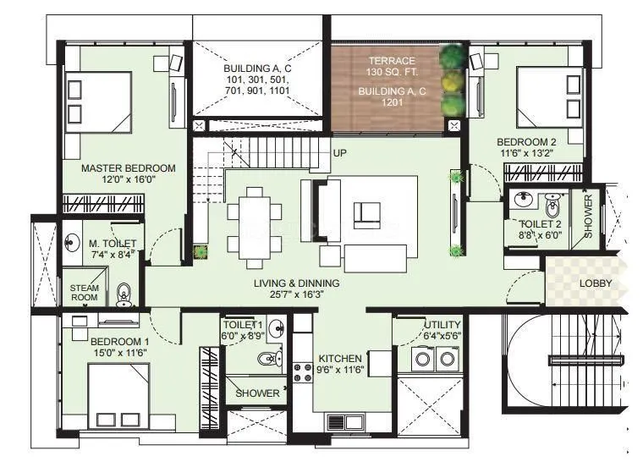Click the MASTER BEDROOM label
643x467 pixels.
pyautogui.click(x=128, y=168)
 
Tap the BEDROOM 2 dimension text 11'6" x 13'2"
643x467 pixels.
pyautogui.click(x=525, y=153)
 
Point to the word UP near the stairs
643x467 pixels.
pyautogui.click(x=340, y=153)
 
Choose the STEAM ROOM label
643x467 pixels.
pyautogui.click(x=84, y=293)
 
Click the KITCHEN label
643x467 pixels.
pyautogui.click(x=341, y=358)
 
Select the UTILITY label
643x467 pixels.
pyautogui.click(x=442, y=325)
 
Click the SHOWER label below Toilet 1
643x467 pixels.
pyautogui.click(x=257, y=393)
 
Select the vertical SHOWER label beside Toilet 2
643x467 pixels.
pyautogui.click(x=589, y=217)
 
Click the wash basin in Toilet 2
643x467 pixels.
pyautogui.click(x=521, y=201)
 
